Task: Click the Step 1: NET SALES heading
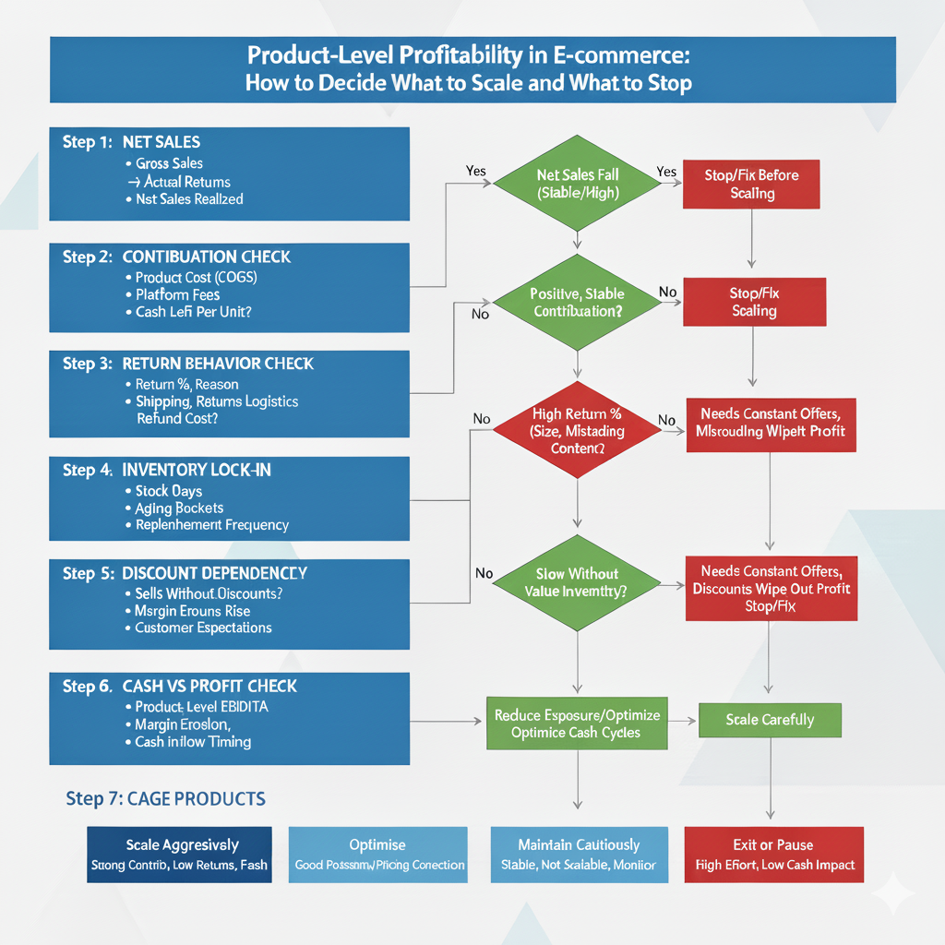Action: pyautogui.click(x=131, y=142)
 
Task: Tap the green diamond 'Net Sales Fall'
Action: pyautogui.click(x=578, y=184)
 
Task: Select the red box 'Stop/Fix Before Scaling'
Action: pyautogui.click(x=751, y=184)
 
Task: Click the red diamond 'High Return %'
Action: pyautogui.click(x=578, y=430)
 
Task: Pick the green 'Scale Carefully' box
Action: pyautogui.click(x=770, y=719)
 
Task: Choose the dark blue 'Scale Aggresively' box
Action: pyautogui.click(x=180, y=855)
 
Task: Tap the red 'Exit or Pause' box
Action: pyautogui.click(x=774, y=855)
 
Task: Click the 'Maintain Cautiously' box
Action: pyautogui.click(x=579, y=855)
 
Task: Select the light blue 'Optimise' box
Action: pyautogui.click(x=378, y=855)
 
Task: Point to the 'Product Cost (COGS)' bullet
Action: pyautogui.click(x=196, y=277)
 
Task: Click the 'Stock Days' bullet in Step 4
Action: pyautogui.click(x=168, y=491)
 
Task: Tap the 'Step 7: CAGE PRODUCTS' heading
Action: pyautogui.click(x=165, y=798)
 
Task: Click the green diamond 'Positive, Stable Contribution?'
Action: pyautogui.click(x=578, y=303)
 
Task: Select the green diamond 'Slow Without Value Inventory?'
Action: pyautogui.click(x=578, y=582)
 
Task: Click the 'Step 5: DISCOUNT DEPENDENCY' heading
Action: pyautogui.click(x=185, y=573)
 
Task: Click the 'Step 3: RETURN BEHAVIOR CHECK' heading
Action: pyautogui.click(x=188, y=364)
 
